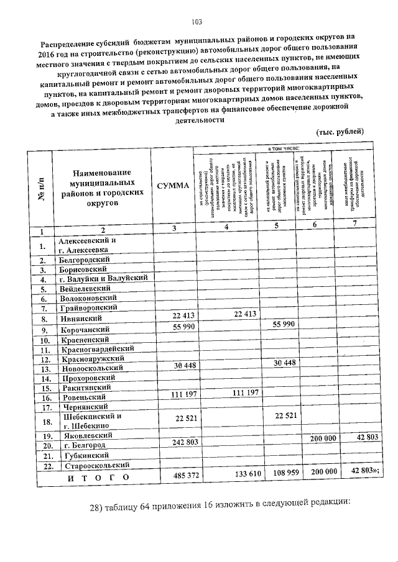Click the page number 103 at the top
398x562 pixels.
tap(198, 24)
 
